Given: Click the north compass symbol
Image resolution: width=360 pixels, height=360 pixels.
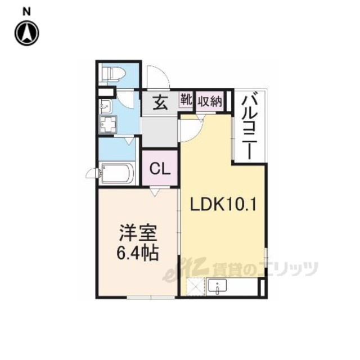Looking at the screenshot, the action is (27, 33).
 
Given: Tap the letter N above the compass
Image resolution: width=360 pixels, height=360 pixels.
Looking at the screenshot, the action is (26, 12).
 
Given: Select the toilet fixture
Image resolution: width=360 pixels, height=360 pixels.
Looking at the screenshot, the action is (113, 74).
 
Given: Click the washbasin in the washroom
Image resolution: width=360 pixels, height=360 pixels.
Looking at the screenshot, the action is (105, 106).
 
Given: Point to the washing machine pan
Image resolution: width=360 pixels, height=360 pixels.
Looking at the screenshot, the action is (107, 125).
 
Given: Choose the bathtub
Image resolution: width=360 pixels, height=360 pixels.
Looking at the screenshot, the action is (118, 173).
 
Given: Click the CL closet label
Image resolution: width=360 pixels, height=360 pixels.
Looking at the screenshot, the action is (160, 169).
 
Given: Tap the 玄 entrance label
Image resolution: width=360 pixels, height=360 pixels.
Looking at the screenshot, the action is (160, 102).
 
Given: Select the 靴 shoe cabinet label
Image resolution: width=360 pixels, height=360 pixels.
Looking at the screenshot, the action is (186, 99).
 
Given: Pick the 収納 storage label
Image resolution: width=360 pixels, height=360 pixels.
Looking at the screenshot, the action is (210, 101).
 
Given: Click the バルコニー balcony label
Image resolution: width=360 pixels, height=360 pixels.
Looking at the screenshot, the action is (250, 128).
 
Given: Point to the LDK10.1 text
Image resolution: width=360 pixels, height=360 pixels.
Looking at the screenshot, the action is (223, 204).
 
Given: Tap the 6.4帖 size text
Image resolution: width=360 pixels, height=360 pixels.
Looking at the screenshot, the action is (138, 253).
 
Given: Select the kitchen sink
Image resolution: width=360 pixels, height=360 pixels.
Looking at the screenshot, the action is (217, 286).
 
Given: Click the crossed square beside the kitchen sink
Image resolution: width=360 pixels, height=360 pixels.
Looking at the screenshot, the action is (195, 287).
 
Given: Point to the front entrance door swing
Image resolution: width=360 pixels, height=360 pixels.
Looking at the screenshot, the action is (158, 77).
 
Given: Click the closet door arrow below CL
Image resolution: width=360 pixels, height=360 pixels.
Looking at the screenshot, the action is (155, 191).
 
